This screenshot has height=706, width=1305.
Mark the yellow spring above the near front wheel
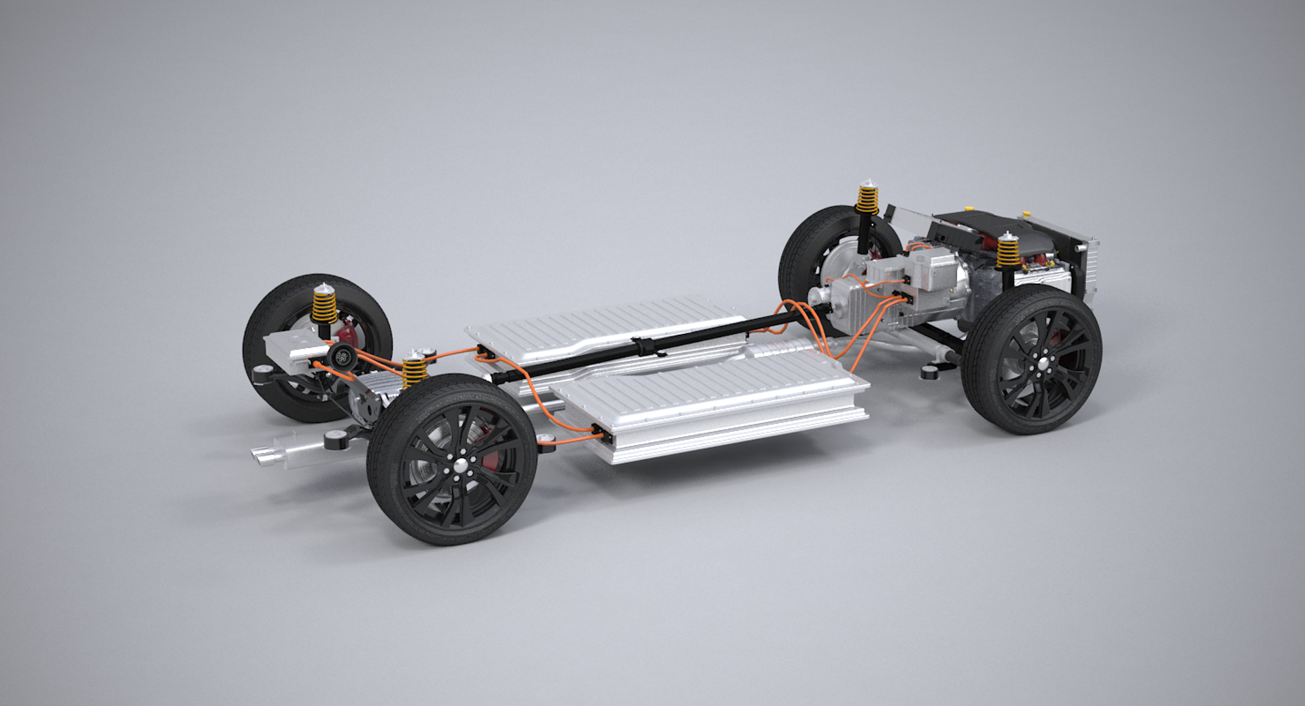tap(1005, 252)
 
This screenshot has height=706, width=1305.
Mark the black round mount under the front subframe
tap(928, 373)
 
